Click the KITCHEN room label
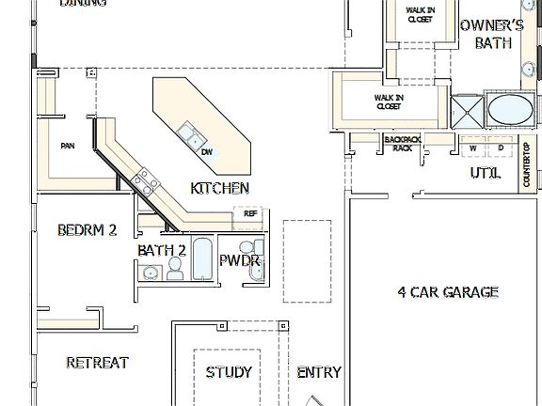[219, 188]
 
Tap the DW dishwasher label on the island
[207, 152]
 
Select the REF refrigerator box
[250, 214]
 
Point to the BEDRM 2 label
[87, 229]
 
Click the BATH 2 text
[162, 250]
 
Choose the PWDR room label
[240, 260]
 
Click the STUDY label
[229, 372]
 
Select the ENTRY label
[319, 372]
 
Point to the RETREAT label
[97, 363]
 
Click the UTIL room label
[485, 174]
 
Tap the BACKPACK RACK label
[402, 143]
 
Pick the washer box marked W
[473, 148]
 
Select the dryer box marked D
[501, 148]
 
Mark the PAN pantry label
[67, 146]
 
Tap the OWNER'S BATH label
[492, 34]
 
